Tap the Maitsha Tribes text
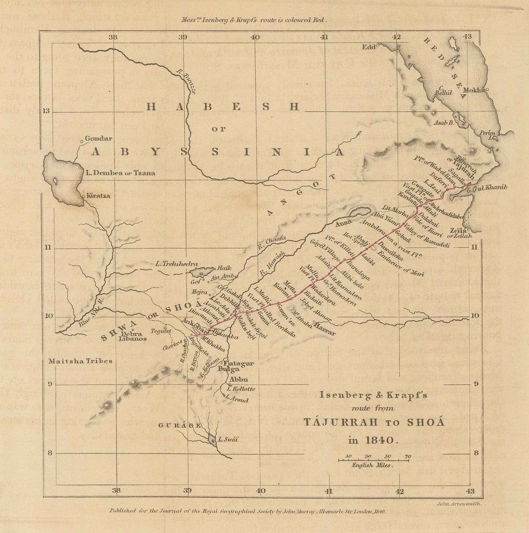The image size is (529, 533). (80, 361)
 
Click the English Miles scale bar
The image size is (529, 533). (373, 460)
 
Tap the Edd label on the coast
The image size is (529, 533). (369, 47)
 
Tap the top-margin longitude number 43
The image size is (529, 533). (468, 37)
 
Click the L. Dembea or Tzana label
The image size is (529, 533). (120, 173)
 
